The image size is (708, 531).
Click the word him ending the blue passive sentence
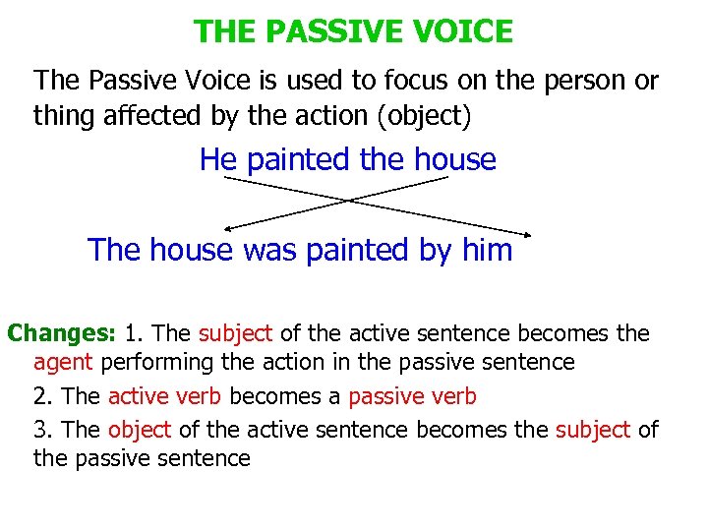(487, 250)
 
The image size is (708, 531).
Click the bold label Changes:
(63, 333)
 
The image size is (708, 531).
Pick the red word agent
(62, 362)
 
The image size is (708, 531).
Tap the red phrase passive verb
(413, 397)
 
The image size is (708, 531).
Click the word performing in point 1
(157, 362)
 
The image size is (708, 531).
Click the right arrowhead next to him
(528, 234)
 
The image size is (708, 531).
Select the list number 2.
(40, 397)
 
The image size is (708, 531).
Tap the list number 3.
(40, 430)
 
